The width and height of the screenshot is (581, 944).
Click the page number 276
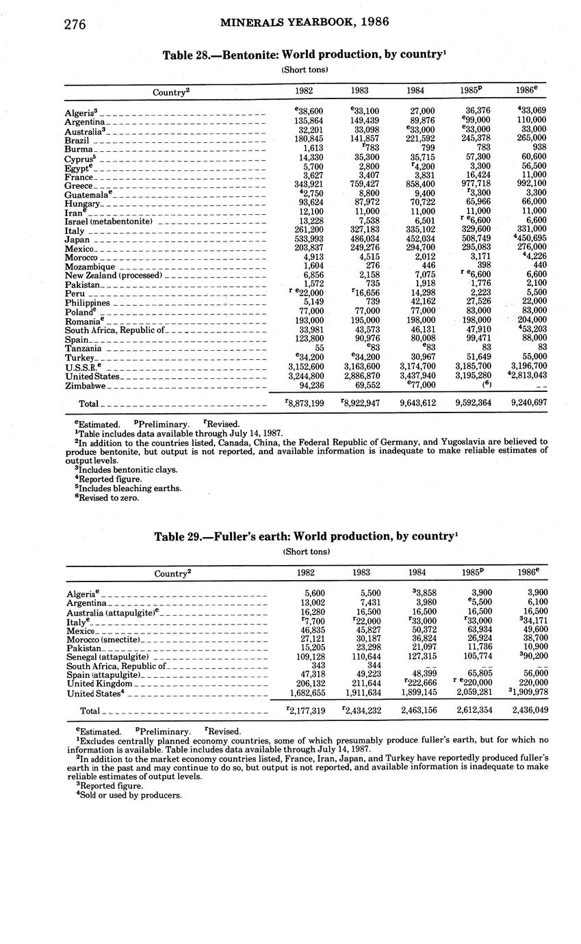[x=75, y=25]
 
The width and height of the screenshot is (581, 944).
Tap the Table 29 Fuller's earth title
[x=305, y=536]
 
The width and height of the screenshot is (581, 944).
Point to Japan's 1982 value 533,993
[x=308, y=240]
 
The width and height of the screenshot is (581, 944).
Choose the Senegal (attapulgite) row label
[x=107, y=657]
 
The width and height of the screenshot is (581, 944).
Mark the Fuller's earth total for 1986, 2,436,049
[x=530, y=711]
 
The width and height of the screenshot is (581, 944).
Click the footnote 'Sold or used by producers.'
[x=130, y=795]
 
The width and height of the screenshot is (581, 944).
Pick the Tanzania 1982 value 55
[x=318, y=348]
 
